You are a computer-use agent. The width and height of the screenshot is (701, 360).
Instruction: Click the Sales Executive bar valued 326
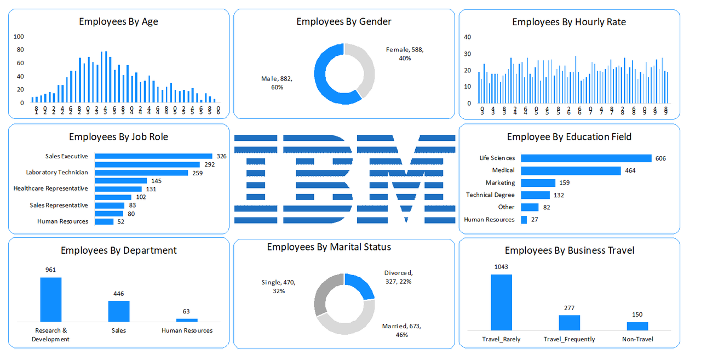(x=153, y=156)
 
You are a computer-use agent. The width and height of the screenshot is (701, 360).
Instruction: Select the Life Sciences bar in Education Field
(x=586, y=158)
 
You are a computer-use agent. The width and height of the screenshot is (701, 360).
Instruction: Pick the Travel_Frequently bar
(x=569, y=323)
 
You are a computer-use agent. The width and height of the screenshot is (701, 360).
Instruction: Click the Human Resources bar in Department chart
(x=187, y=320)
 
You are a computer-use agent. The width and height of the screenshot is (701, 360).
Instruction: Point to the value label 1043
(x=501, y=267)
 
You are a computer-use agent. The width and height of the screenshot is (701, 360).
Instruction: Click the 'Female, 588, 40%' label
(x=405, y=54)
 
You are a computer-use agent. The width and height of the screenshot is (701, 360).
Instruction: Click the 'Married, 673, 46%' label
(x=401, y=330)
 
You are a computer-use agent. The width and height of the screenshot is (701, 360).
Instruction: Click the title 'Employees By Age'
(x=118, y=22)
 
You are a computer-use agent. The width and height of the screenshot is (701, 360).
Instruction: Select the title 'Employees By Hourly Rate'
(x=568, y=22)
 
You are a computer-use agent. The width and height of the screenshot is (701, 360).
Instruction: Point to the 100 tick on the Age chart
(x=19, y=37)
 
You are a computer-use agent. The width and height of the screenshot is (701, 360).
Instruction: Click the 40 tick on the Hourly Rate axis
(x=467, y=37)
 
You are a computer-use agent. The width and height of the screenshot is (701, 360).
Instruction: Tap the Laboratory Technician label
(x=57, y=172)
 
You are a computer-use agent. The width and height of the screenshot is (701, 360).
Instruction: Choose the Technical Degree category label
(x=490, y=195)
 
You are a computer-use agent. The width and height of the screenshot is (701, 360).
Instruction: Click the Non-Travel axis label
(x=637, y=339)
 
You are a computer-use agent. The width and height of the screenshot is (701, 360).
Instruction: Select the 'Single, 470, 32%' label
(x=278, y=287)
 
